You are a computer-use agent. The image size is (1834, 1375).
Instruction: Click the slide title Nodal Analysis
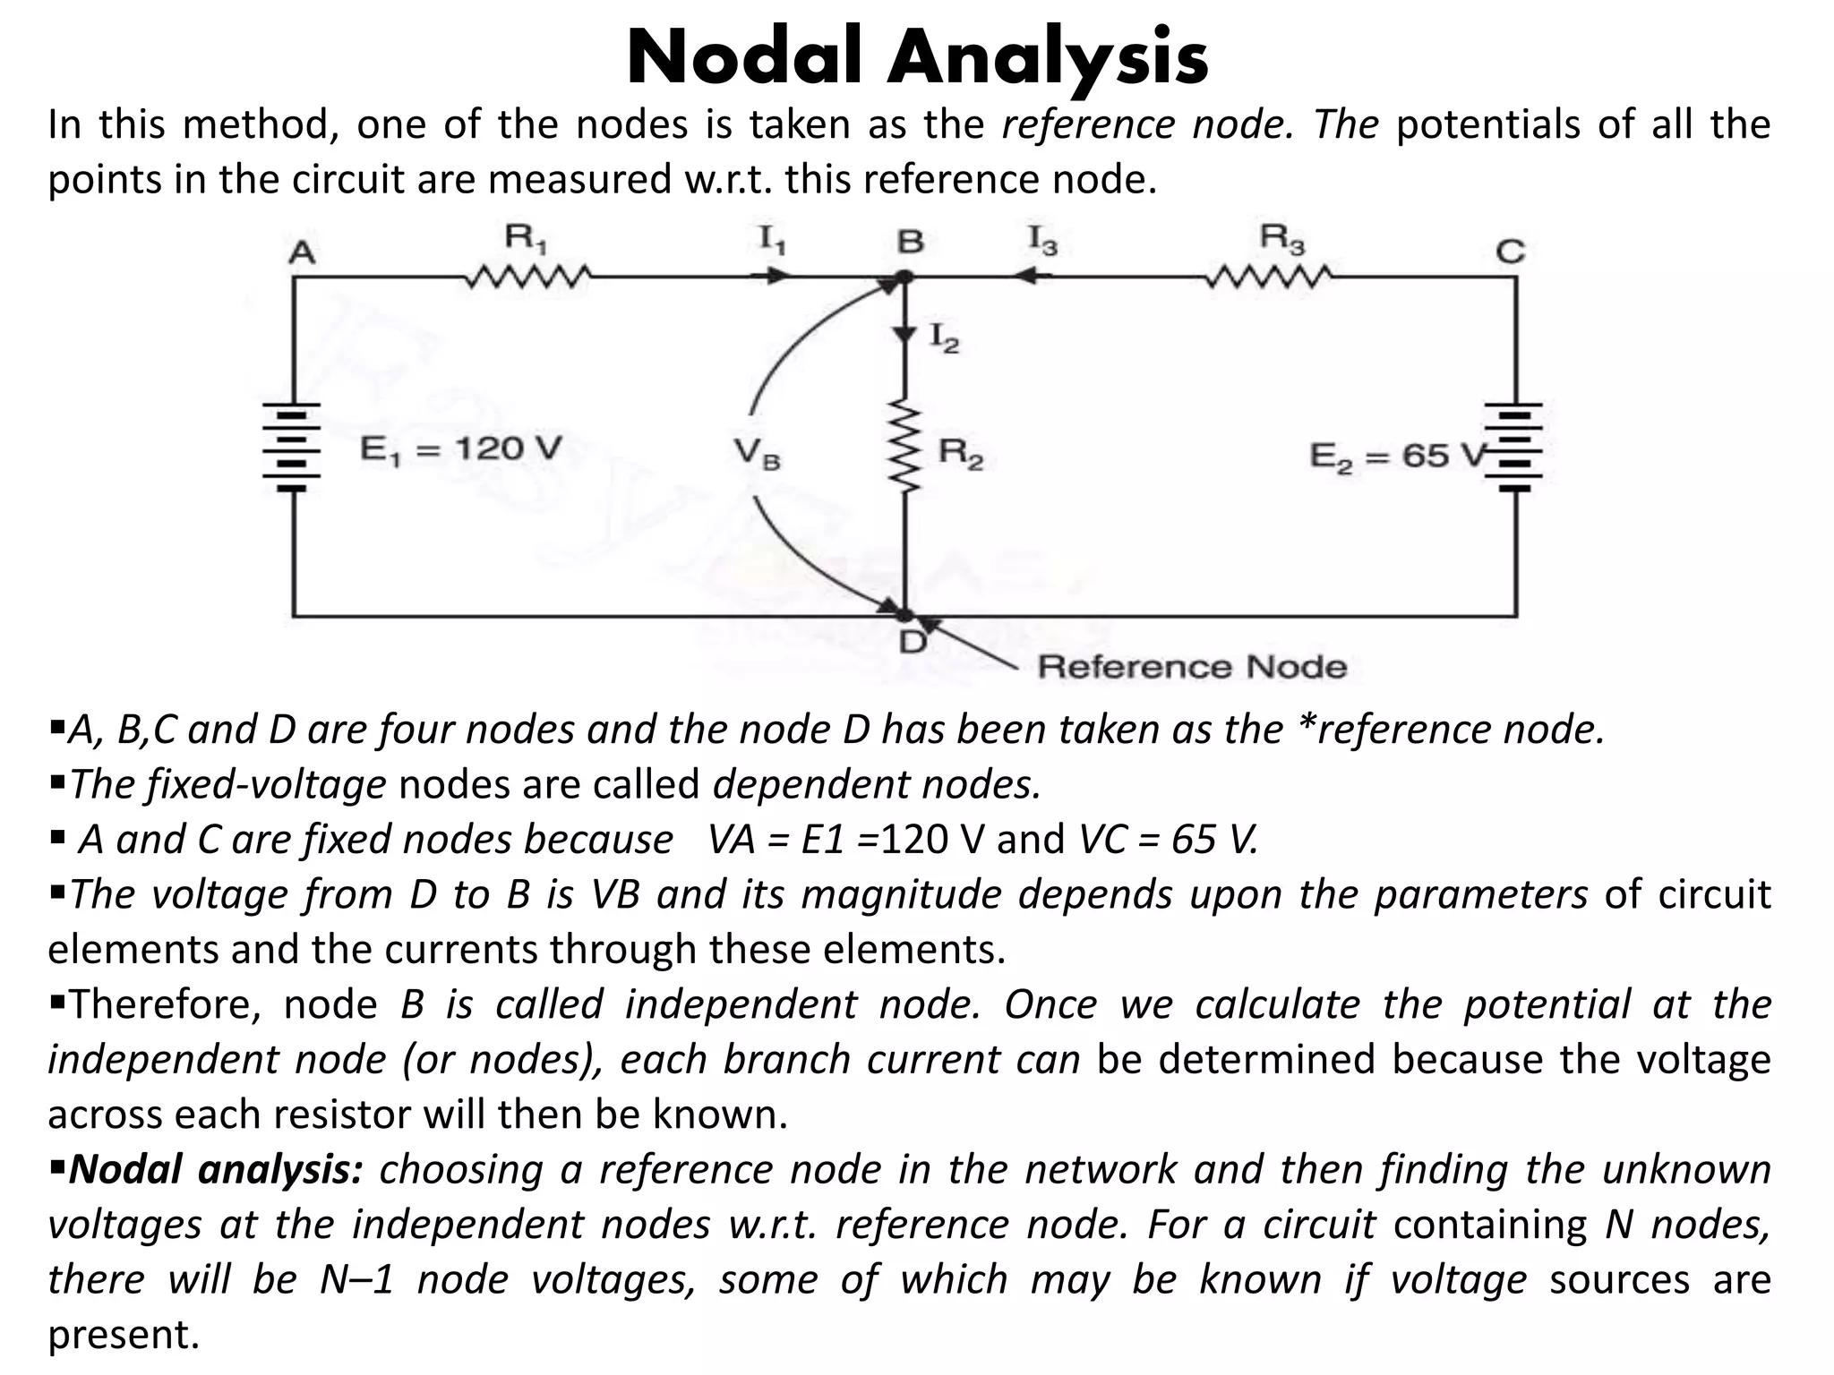(918, 58)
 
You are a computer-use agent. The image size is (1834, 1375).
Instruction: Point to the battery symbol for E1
(292, 448)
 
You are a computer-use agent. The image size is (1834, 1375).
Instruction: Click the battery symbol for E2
(1515, 448)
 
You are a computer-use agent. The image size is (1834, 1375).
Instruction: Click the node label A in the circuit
(303, 253)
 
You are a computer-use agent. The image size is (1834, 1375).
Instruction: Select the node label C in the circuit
(1510, 252)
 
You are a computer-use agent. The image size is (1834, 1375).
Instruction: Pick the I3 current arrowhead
(1026, 277)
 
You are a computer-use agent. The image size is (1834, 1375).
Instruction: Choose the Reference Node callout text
(1191, 668)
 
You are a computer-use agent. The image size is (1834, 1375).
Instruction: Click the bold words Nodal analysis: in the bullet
(216, 1170)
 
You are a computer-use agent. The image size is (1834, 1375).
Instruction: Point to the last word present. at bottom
(123, 1335)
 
